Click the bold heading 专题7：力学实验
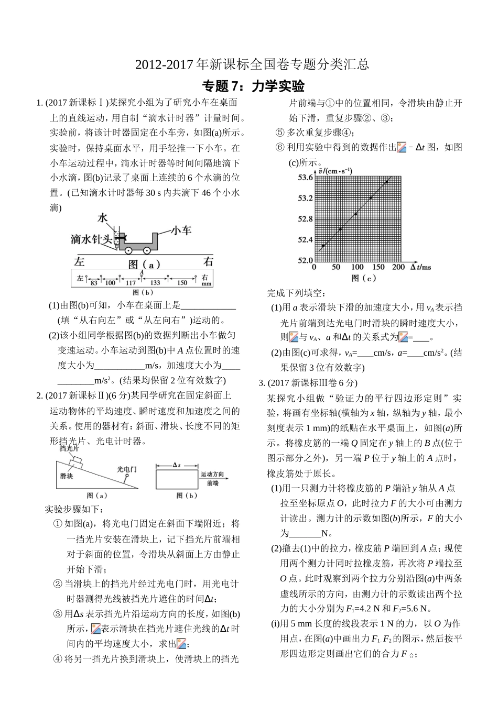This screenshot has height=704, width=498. point(253,86)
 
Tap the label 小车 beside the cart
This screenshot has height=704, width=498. point(181,230)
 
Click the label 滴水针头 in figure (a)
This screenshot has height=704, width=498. point(92,239)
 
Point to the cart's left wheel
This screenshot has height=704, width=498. point(128,250)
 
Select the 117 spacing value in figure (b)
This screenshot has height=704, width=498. point(131,283)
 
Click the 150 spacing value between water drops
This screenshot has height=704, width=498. point(182,283)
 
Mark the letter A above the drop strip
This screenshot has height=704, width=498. point(142,272)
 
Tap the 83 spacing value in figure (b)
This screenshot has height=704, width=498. point(94,283)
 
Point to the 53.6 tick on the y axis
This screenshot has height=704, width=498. point(305,178)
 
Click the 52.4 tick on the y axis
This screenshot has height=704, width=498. point(305,240)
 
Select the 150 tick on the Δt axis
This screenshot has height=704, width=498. point(378,267)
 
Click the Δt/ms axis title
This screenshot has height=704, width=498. point(420,267)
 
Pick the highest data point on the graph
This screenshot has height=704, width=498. point(387,181)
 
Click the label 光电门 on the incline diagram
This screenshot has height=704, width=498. point(126,469)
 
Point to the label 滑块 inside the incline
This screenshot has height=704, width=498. point(67,476)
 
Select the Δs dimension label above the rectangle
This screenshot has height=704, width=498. point(177,465)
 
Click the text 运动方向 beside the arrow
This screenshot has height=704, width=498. point(212,474)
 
